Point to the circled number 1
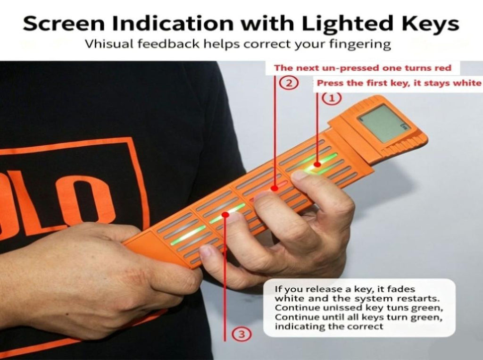pyautogui.click(x=332, y=98)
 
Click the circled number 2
pyautogui.click(x=289, y=83)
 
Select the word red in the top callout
pyautogui.click(x=443, y=68)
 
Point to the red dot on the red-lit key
pyautogui.click(x=274, y=188)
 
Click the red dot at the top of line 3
pyautogui.click(x=226, y=214)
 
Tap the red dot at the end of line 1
pyautogui.click(x=317, y=164)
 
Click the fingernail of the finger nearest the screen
pyautogui.click(x=299, y=176)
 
